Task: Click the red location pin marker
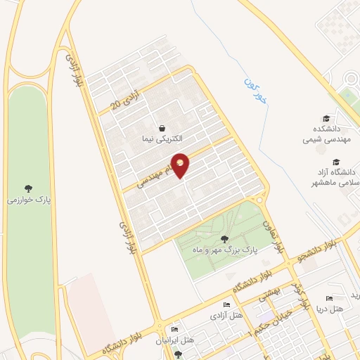click(x=180, y=165)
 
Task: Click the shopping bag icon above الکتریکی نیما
click(x=163, y=129)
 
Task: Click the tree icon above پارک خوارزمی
click(x=28, y=188)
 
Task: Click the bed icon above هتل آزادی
click(x=226, y=305)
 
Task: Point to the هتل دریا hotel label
click(x=328, y=309)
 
